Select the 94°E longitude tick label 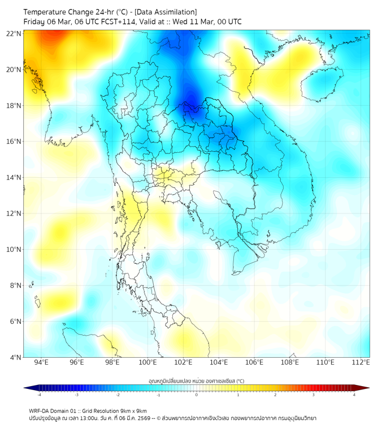point(41,362)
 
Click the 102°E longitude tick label point(184,362)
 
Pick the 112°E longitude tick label point(361,362)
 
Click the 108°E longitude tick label point(290,362)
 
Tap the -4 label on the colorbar point(39,395)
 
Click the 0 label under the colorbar point(197,395)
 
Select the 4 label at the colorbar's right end point(354,395)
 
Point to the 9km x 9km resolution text point(132,410)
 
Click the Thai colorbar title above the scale point(196,381)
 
